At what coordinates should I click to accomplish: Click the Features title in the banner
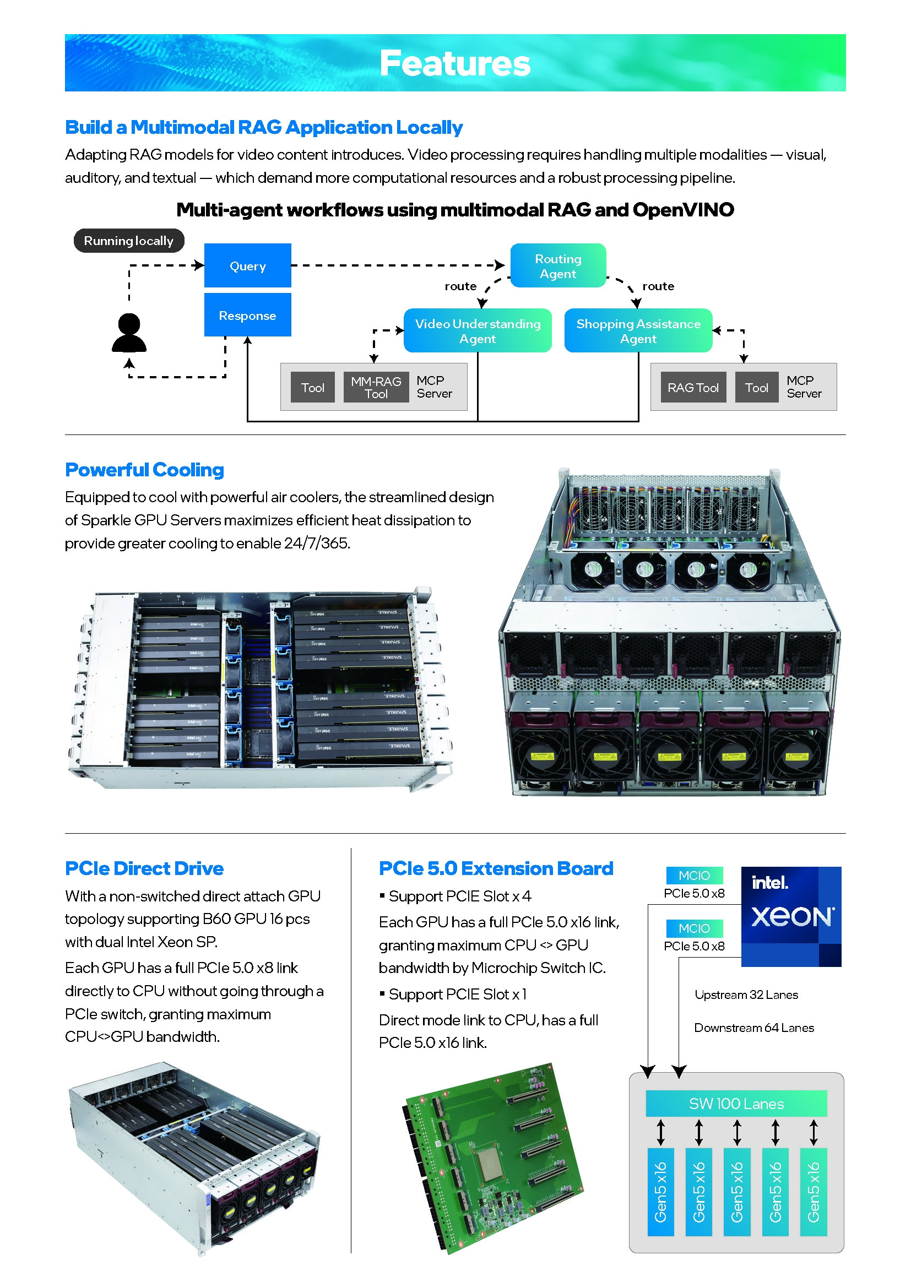[x=454, y=63]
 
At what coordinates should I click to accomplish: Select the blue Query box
[x=247, y=265]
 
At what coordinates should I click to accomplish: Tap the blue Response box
[x=247, y=316]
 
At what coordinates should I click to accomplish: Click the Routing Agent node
[x=557, y=266]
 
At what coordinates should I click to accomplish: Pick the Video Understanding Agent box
[x=478, y=331]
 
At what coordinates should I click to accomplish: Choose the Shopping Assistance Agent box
[x=638, y=331]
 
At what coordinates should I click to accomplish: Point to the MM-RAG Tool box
[x=376, y=387]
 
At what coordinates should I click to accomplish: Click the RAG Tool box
[x=693, y=387]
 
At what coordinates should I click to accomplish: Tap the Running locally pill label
[x=128, y=241]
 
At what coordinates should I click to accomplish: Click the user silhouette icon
[x=129, y=333]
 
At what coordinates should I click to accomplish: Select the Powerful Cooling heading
[x=144, y=470]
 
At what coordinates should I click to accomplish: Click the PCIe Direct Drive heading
[x=144, y=868]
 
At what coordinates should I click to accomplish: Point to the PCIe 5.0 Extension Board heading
[x=496, y=868]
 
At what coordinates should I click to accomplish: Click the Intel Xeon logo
[x=791, y=916]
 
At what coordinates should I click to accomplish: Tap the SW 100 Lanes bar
[x=736, y=1104]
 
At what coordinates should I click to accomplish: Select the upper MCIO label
[x=694, y=875]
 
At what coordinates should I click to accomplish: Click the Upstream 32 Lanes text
[x=746, y=994]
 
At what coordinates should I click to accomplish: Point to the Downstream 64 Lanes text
[x=754, y=1028]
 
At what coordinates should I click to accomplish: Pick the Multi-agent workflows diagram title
[x=455, y=210]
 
